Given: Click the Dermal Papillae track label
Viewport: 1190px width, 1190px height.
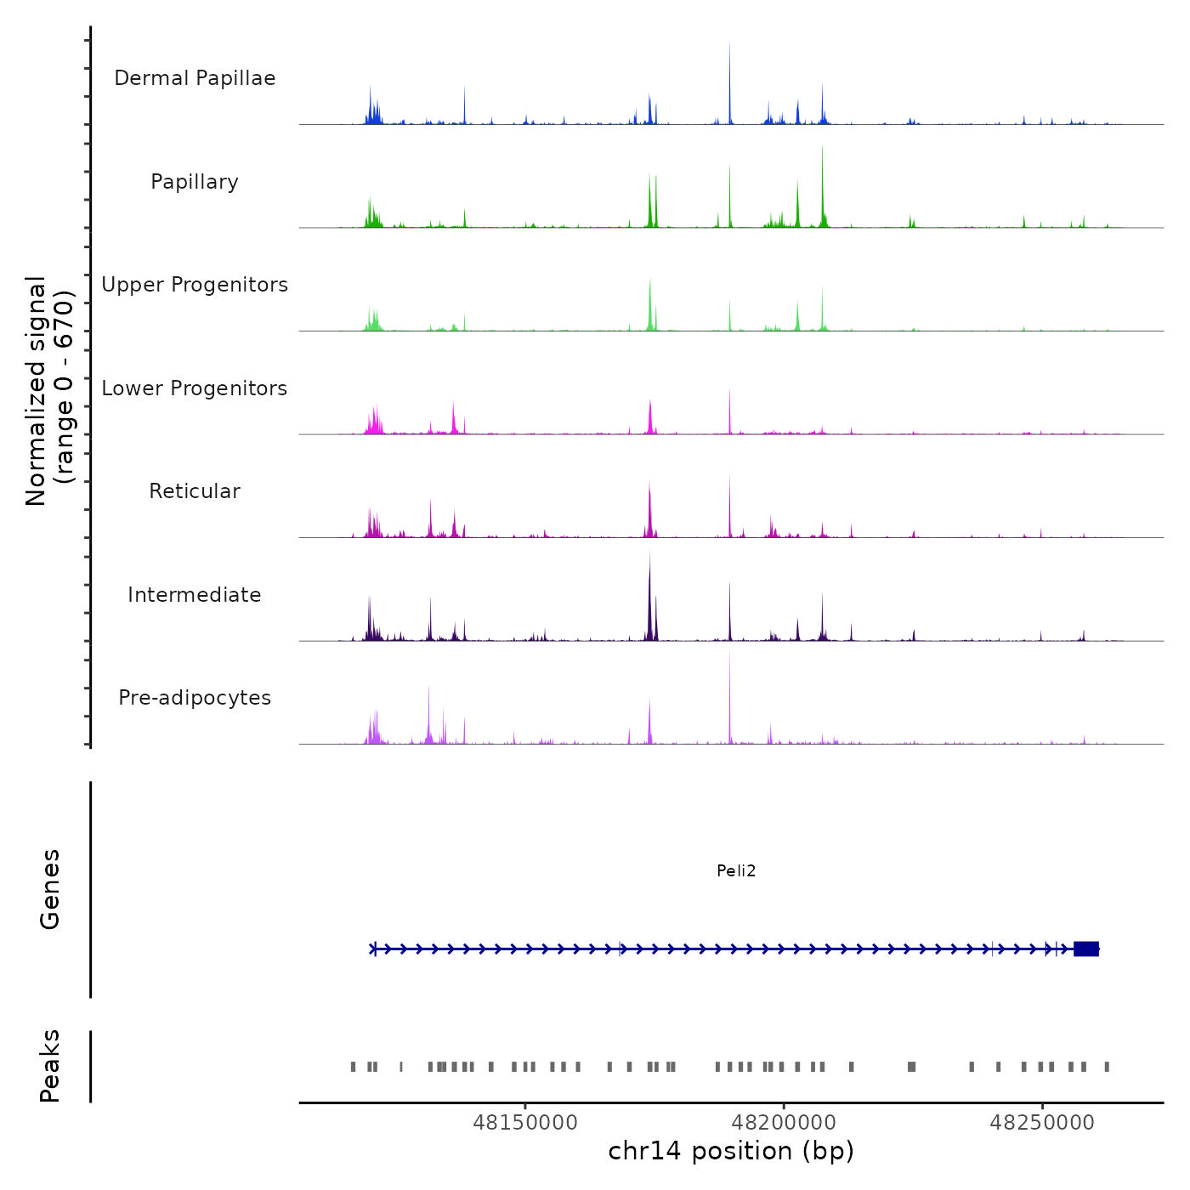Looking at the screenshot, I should [195, 78].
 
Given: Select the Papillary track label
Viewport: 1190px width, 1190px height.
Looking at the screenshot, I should [195, 182].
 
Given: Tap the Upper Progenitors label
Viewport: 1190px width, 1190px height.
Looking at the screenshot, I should [195, 285].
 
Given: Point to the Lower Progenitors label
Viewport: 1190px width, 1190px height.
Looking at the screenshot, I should [195, 388].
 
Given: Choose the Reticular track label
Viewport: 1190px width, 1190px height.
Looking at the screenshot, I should [195, 491].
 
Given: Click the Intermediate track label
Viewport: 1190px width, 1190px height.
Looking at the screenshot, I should [195, 595].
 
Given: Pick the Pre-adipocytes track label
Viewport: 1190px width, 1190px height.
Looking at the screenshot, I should [195, 698].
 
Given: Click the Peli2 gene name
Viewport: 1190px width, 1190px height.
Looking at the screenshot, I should [736, 870].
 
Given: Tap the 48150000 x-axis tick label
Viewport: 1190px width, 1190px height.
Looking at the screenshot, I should [525, 1123].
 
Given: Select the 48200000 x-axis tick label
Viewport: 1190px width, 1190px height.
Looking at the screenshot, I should [784, 1123].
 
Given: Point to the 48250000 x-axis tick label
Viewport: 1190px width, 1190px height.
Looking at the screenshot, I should [1042, 1123].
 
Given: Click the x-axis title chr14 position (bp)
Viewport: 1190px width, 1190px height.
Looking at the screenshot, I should [731, 1151].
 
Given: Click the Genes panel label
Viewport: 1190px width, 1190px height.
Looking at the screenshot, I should [50, 889].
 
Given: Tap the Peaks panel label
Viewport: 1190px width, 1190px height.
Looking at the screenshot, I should [50, 1066].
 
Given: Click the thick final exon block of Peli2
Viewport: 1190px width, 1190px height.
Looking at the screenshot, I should [1086, 949].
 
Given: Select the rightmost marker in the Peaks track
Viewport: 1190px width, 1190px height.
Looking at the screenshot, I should [1107, 1067].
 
